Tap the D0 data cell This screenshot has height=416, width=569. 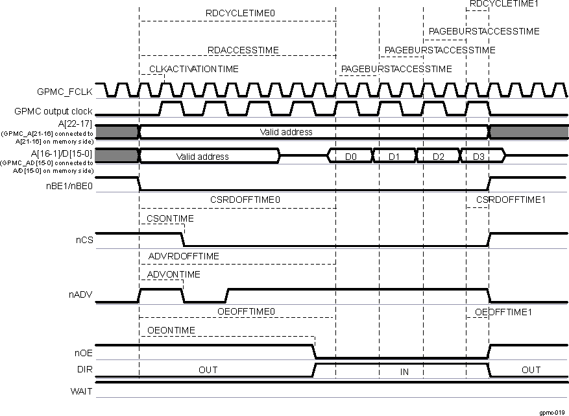coord(350,157)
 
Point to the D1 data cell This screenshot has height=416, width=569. coord(394,157)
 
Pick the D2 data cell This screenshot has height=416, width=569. coord(437,157)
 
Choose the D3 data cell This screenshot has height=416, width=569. coord(478,157)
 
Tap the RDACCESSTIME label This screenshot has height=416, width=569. coord(243,49)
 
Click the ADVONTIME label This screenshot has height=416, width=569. coord(174,275)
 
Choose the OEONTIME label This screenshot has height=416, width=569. coord(171,330)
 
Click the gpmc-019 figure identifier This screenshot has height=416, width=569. coord(553,411)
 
